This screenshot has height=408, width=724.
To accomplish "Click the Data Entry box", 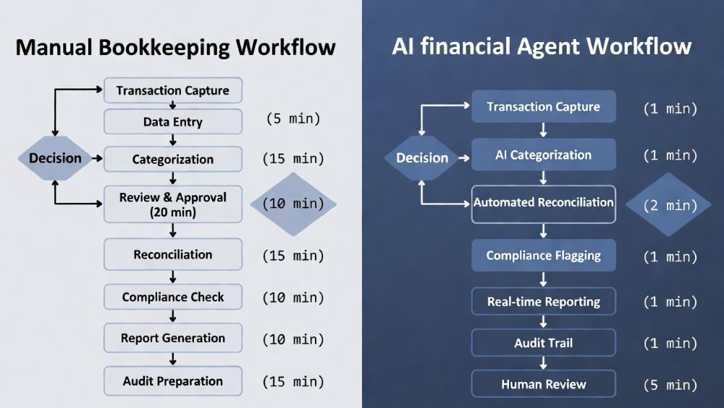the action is point(172,122).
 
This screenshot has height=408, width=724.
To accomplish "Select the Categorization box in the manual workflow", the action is point(172,159).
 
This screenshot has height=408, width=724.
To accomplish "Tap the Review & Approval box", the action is point(172,204).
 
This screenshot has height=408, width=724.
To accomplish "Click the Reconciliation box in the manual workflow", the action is point(172,254).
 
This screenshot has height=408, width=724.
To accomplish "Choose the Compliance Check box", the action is point(172,296).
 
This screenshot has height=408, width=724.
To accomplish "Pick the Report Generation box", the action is point(172,338).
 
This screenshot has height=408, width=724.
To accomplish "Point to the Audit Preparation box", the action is point(172,381).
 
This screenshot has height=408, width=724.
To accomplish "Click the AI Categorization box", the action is point(543,154).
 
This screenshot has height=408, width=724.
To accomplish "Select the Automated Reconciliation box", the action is point(543,203).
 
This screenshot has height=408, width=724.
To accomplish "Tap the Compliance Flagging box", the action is point(543,255).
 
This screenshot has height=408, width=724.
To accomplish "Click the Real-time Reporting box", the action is point(543,301).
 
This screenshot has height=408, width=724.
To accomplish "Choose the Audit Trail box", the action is point(543,343).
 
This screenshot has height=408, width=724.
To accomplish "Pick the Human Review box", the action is point(543,384).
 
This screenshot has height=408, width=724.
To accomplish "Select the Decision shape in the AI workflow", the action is point(422,158).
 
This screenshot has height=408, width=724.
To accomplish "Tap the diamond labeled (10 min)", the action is point(293,204).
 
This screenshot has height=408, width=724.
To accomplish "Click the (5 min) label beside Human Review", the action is point(670,385).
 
